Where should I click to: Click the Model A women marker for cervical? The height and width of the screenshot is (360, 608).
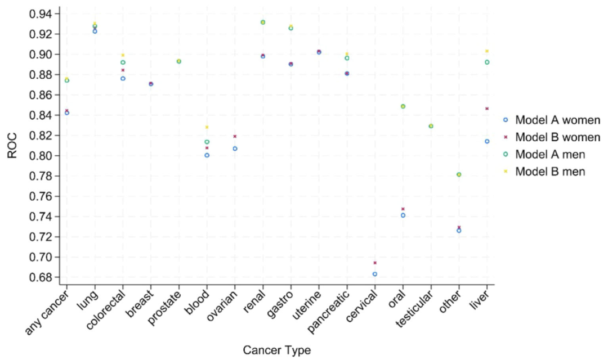[x=375, y=274]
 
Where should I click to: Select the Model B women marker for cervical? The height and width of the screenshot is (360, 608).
[x=375, y=263]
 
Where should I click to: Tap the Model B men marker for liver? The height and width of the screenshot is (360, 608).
[x=487, y=51]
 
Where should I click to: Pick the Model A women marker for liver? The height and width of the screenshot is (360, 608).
[x=487, y=141]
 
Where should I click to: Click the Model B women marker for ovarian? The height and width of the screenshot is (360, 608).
[x=235, y=136]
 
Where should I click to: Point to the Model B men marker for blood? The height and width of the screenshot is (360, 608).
[x=207, y=127]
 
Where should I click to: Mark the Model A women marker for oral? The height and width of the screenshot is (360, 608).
[x=403, y=215]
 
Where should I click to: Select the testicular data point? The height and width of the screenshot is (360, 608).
[x=431, y=126]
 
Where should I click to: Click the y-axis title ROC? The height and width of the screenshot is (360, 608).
[x=12, y=146]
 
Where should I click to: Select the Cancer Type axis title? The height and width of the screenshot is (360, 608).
[x=276, y=350]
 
